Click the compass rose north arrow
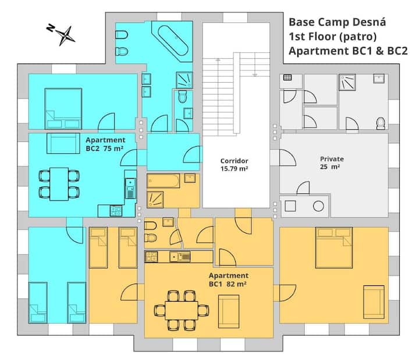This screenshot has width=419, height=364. point(62,35)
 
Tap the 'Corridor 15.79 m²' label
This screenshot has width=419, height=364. point(234,165)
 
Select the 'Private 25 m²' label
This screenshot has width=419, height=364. point(332,163)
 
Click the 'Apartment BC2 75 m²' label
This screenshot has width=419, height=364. point(105,144)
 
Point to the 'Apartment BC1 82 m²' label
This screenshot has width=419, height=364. point(229,280)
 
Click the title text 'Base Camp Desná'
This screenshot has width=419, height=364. point(337,22)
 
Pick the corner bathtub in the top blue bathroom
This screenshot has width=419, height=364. point(173,40)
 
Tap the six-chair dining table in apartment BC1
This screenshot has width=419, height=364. point(182,310)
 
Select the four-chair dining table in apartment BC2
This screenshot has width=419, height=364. point(59,184)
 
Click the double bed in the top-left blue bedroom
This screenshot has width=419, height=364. point(63,108)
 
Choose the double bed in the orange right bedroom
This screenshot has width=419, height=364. point(334,248)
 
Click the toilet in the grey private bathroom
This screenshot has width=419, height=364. point(381,123)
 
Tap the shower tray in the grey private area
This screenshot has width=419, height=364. point(347,82)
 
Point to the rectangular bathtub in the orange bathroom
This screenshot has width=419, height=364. point(164,181)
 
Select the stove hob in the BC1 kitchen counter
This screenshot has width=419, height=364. point(151,257)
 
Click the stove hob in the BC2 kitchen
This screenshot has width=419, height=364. point(116,211)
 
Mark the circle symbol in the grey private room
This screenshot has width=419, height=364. point(318,206)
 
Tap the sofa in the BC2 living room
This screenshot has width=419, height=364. point(63,144)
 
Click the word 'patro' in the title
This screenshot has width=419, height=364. point(358,36)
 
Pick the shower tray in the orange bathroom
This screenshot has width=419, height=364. point(155,200)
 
